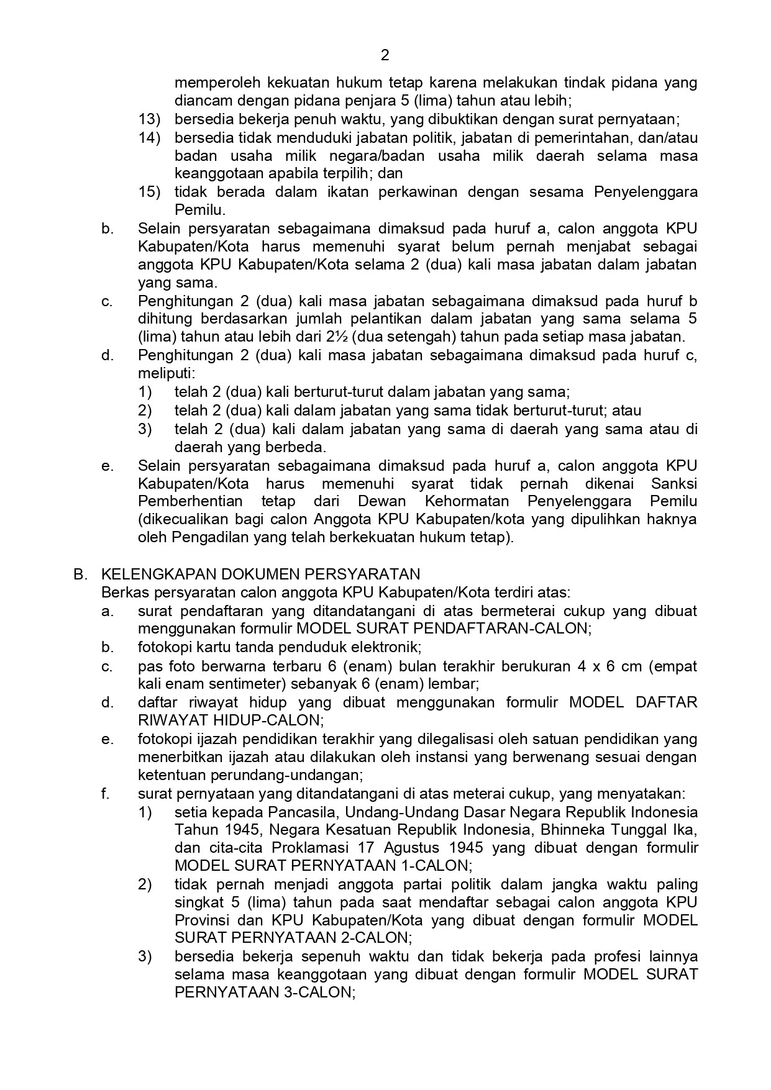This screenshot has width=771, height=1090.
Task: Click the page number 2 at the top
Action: [385, 55]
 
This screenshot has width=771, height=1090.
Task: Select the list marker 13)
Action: [149, 119]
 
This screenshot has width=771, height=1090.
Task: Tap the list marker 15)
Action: [149, 192]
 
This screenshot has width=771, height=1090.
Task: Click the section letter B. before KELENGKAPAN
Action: [80, 574]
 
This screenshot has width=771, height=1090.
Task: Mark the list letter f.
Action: [105, 794]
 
